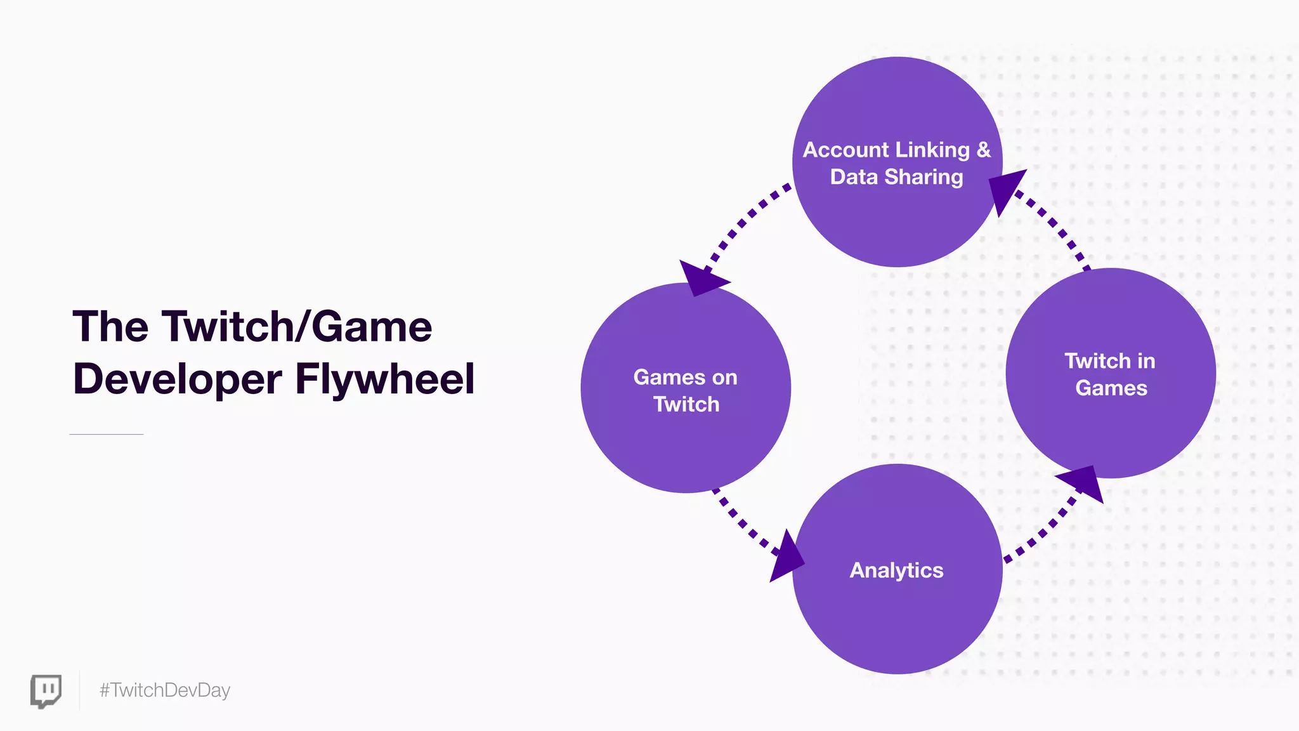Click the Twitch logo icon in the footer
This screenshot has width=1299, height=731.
46,690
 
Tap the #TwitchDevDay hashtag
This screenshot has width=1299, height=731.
165,690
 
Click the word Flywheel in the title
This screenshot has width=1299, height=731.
385,379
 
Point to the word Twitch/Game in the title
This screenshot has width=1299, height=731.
297,327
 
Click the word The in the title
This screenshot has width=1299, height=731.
110,327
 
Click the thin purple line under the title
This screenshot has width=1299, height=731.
107,434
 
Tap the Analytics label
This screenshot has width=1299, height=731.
896,570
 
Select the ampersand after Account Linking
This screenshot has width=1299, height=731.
983,150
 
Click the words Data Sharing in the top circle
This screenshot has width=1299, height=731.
896,177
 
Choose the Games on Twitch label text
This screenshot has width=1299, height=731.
686,390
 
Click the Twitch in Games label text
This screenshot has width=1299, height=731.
1111,374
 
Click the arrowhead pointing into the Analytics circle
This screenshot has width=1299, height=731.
787,556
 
